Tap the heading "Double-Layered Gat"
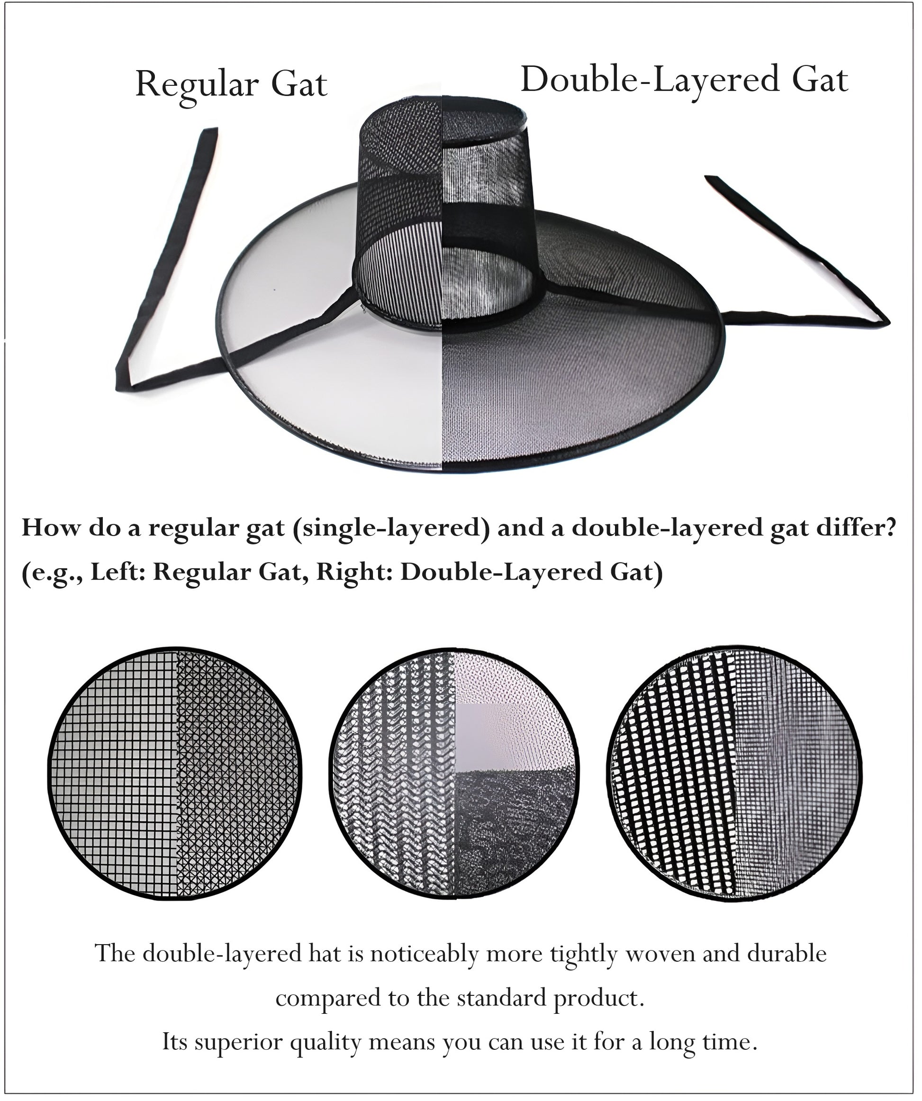684,80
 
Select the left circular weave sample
176,774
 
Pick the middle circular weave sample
454,774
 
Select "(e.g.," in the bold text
51,573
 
